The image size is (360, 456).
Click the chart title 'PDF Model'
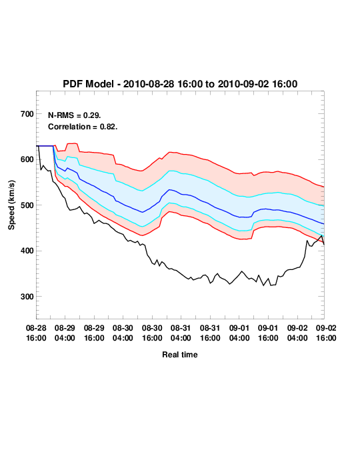[88, 84]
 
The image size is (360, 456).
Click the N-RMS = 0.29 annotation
[74, 115]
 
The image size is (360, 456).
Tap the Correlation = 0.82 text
[83, 127]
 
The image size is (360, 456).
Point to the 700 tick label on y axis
[27, 114]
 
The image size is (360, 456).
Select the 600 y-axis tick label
[27, 159]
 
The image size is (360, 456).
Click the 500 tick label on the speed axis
[27, 205]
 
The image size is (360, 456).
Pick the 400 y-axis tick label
[27, 251]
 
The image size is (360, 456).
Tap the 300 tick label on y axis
[27, 297]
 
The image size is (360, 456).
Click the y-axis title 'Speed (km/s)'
[11, 205]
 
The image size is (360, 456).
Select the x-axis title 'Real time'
[180, 355]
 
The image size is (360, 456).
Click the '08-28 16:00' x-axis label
[36, 333]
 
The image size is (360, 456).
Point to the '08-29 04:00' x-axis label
[65, 333]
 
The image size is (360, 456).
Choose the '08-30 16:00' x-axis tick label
[152, 333]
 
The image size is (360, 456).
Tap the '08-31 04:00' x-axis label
[181, 333]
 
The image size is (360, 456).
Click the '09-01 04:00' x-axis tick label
[239, 333]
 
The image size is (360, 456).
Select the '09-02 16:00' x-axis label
[326, 333]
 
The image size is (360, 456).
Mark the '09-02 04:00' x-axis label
[297, 333]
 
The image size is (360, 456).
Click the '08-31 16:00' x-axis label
[210, 333]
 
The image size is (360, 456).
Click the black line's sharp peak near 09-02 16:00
[321, 235]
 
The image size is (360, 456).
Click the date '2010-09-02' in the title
[243, 84]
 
